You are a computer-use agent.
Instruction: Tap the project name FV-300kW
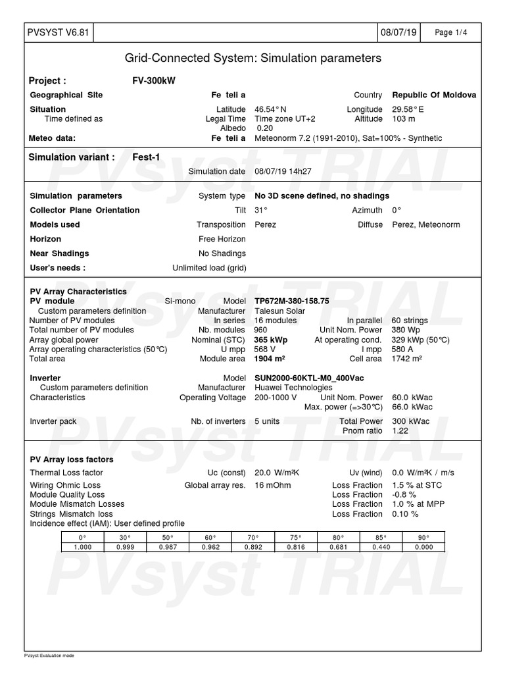[154, 81]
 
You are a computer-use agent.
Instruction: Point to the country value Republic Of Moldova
[434, 95]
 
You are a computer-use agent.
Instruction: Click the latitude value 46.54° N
[270, 109]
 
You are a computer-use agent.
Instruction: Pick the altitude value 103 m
[404, 119]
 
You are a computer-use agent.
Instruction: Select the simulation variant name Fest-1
[147, 157]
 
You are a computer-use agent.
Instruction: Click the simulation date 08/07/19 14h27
[283, 172]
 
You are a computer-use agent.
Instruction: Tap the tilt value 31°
[261, 211]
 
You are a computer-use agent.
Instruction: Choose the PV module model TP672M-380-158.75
[292, 301]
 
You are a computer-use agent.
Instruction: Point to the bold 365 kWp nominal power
[271, 340]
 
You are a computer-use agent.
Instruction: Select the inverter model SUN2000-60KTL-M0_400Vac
[309, 378]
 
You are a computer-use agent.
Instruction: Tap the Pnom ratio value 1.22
[400, 430]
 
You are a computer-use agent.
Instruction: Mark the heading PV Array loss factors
[72, 459]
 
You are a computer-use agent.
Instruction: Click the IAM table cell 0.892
[253, 547]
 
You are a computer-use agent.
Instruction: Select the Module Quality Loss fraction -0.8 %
[404, 494]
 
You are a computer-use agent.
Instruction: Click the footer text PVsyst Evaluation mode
[49, 656]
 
